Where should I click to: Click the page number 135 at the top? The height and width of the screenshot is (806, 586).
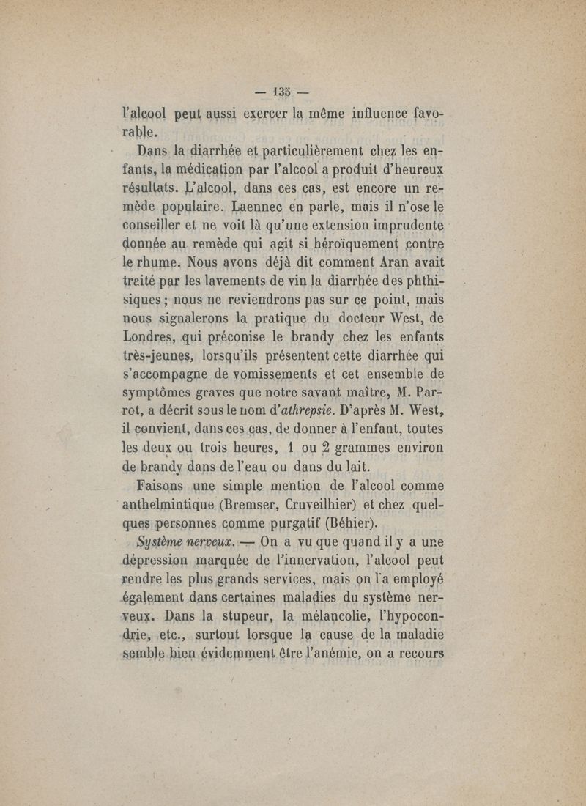[282, 93]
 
